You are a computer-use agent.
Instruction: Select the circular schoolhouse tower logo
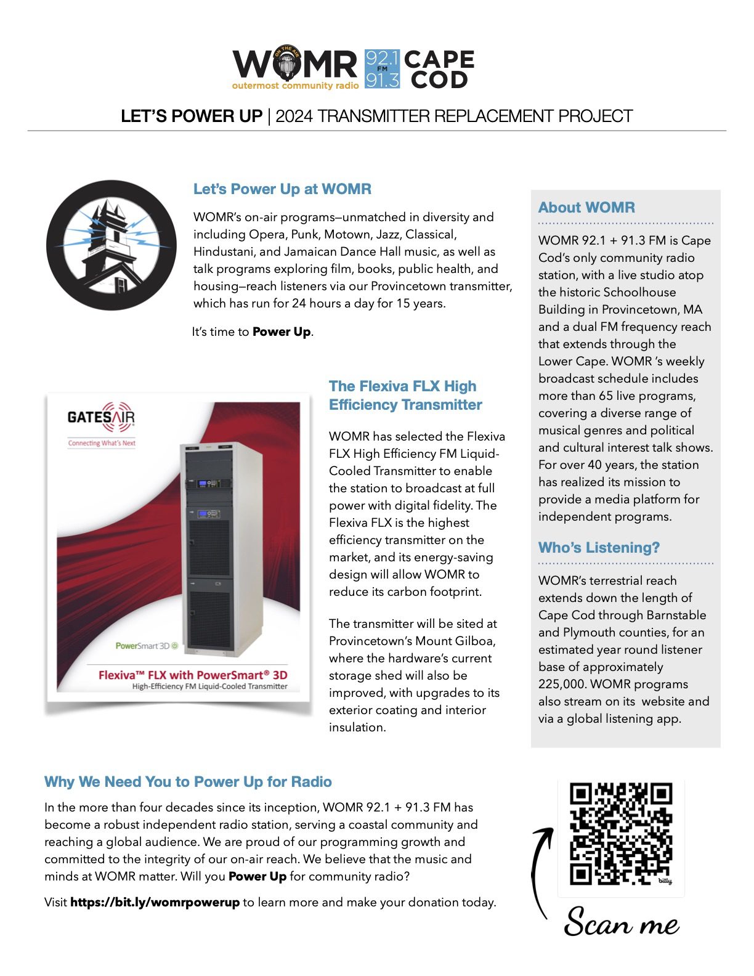pos(111,245)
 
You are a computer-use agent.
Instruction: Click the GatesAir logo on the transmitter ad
pos(101,418)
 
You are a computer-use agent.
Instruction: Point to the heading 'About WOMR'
pos(586,208)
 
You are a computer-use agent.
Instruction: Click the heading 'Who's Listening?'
pos(599,548)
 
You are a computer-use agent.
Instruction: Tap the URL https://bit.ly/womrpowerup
pos(155,902)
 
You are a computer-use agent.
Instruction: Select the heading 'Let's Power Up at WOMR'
pos(282,189)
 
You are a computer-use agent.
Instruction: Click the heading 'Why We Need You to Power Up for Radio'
pos(188,782)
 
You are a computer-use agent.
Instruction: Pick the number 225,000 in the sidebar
pos(561,684)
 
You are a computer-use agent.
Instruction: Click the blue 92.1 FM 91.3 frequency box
pos(382,69)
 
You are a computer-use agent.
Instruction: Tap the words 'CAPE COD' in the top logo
pos(439,69)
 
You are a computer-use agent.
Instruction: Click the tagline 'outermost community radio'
pos(295,86)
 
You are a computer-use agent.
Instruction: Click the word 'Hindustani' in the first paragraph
pos(223,251)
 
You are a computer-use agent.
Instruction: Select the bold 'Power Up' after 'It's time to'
pos(282,331)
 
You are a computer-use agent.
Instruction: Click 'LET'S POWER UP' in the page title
pos(192,116)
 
